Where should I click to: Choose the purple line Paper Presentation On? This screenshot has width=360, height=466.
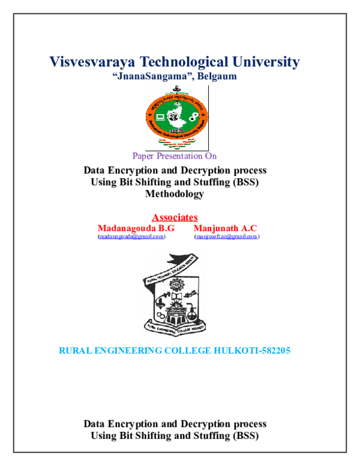click(x=174, y=156)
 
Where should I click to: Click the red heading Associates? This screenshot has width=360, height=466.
click(x=175, y=217)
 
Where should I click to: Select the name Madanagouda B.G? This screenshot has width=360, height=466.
click(x=136, y=229)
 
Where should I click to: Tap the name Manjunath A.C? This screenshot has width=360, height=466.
click(x=225, y=229)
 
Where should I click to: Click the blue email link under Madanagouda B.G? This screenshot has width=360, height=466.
click(x=131, y=237)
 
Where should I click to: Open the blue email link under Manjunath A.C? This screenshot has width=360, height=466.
click(x=227, y=237)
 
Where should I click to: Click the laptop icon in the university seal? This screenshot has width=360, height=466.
click(x=160, y=116)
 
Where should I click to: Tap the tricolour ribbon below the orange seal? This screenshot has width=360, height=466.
click(x=176, y=143)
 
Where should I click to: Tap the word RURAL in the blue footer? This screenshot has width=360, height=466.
click(x=74, y=351)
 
